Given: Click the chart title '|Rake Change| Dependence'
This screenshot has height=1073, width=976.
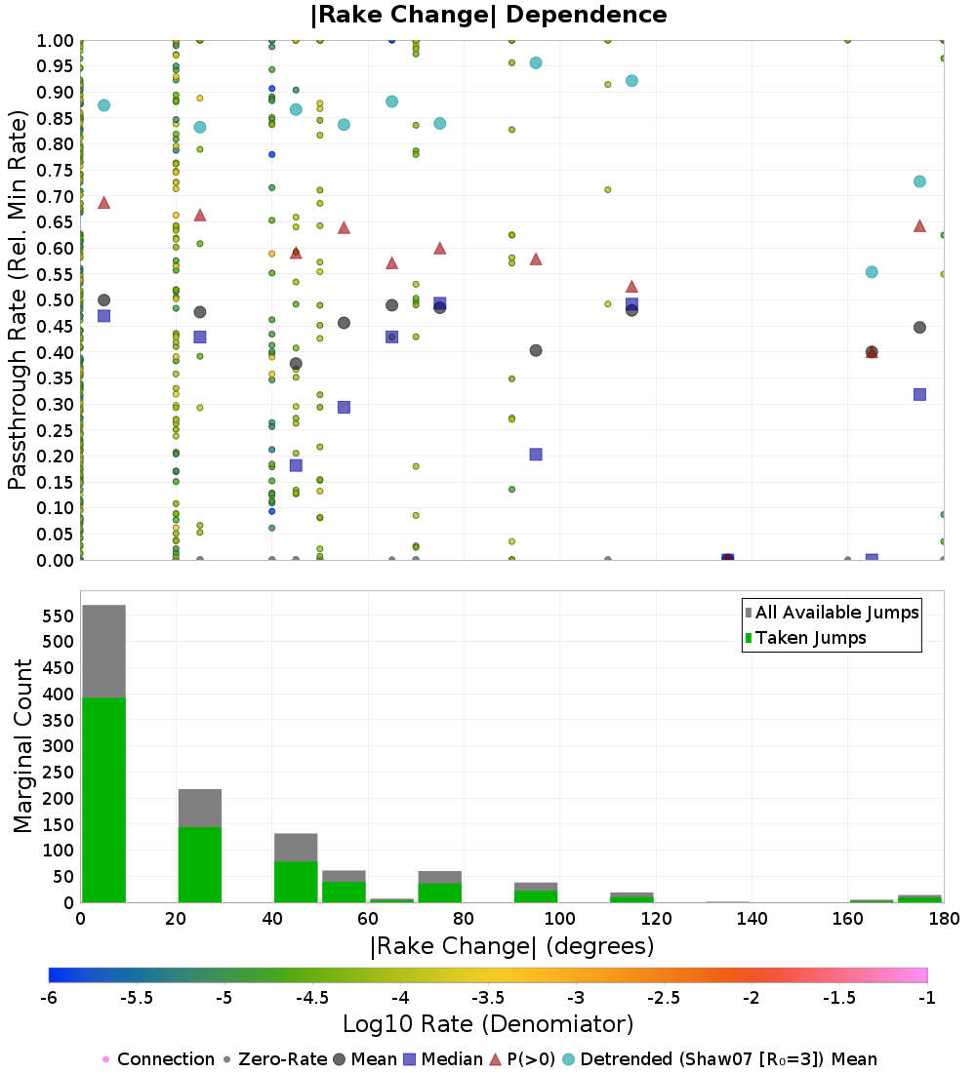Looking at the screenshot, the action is pyautogui.click(x=488, y=15).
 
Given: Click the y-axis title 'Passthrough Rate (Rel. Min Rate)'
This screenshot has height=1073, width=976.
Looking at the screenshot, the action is pyautogui.click(x=18, y=299).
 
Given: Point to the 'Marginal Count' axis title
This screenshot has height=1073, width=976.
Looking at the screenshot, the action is pyautogui.click(x=22, y=746).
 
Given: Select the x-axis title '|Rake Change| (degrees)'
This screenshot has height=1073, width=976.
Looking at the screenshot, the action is pyautogui.click(x=512, y=946).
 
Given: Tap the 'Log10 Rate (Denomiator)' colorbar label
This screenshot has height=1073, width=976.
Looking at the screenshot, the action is pyautogui.click(x=488, y=1023).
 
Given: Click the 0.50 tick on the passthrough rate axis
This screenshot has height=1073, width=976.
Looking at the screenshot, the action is pyautogui.click(x=55, y=300).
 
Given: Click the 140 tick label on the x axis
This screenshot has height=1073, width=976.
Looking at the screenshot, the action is pyautogui.click(x=752, y=918).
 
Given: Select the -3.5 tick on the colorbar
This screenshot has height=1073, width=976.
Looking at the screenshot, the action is pyautogui.click(x=488, y=998).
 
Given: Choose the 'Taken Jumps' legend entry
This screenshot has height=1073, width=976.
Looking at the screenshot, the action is pyautogui.click(x=806, y=638).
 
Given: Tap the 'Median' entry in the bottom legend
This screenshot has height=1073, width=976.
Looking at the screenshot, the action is pyautogui.click(x=442, y=1059).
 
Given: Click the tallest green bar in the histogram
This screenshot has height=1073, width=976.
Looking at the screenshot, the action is pyautogui.click(x=104, y=800).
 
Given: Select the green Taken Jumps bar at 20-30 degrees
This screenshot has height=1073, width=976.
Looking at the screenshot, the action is pyautogui.click(x=200, y=865).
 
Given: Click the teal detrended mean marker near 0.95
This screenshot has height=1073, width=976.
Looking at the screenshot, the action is pyautogui.click(x=536, y=63).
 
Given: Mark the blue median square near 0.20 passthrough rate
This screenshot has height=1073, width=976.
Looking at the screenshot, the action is pyautogui.click(x=536, y=455).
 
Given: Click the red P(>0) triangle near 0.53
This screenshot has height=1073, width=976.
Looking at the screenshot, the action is pyautogui.click(x=632, y=286).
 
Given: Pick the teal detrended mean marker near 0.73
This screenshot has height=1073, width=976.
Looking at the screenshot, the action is pyautogui.click(x=919, y=181).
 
